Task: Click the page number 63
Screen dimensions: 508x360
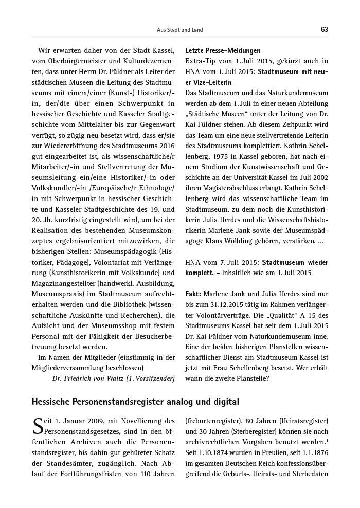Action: pos(324,30)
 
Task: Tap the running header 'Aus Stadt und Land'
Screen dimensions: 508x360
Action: pos(179,30)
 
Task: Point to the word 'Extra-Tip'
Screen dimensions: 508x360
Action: pos(200,61)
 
